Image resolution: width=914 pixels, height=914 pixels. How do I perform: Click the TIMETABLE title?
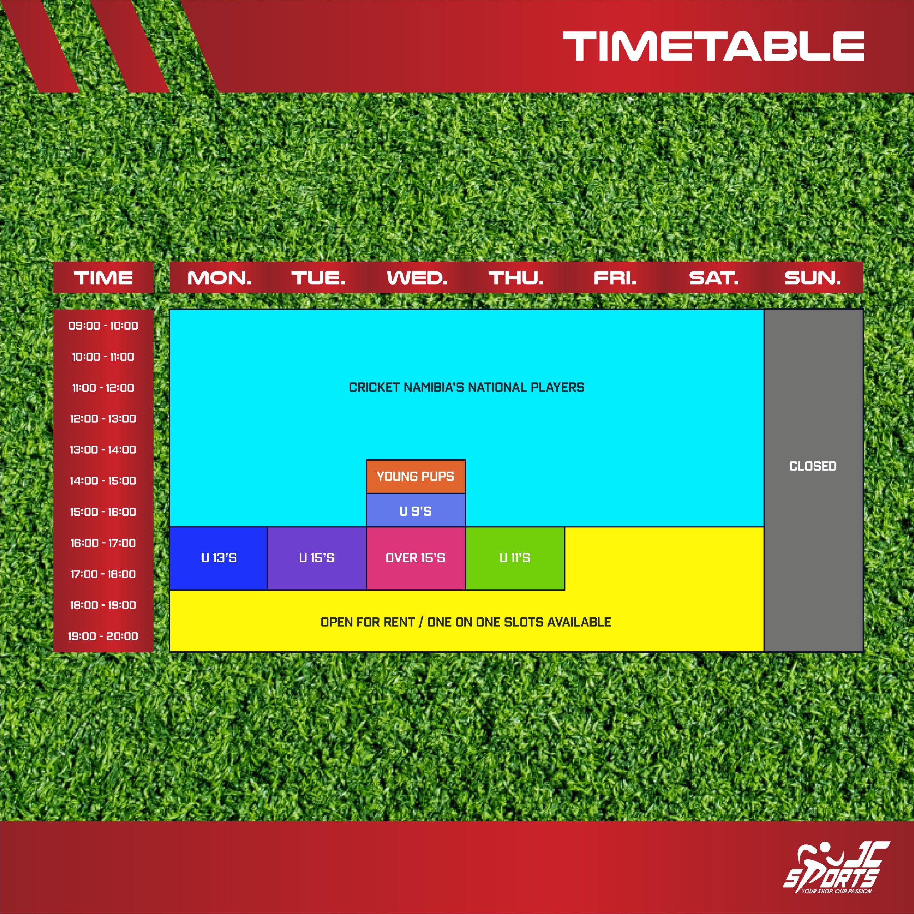coord(713,46)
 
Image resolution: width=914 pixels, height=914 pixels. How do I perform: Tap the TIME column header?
coord(103,278)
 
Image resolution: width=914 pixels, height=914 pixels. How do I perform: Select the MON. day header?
coord(219,278)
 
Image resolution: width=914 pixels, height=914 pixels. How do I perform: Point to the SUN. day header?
coord(812,278)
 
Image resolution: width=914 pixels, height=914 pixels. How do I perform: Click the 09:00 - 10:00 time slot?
coord(103,326)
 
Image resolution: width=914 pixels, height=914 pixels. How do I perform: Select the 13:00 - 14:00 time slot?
coord(103,450)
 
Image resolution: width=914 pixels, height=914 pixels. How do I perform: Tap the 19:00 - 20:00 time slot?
coord(103,636)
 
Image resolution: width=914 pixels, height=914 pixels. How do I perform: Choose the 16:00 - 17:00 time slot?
coord(103,543)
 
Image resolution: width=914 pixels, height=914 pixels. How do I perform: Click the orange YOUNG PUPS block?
coord(416,476)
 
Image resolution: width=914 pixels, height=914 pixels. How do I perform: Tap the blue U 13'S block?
coord(219,558)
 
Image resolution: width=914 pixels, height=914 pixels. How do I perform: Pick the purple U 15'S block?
coord(317,558)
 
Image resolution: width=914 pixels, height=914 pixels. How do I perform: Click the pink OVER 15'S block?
coord(416,558)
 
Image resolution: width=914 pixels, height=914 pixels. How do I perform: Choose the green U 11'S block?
coord(515,558)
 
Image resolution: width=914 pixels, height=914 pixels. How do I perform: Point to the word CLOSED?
coord(813,466)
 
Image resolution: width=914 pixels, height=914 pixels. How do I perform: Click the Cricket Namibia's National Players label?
coord(467,387)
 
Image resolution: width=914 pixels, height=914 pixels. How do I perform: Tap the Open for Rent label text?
coord(466,622)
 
